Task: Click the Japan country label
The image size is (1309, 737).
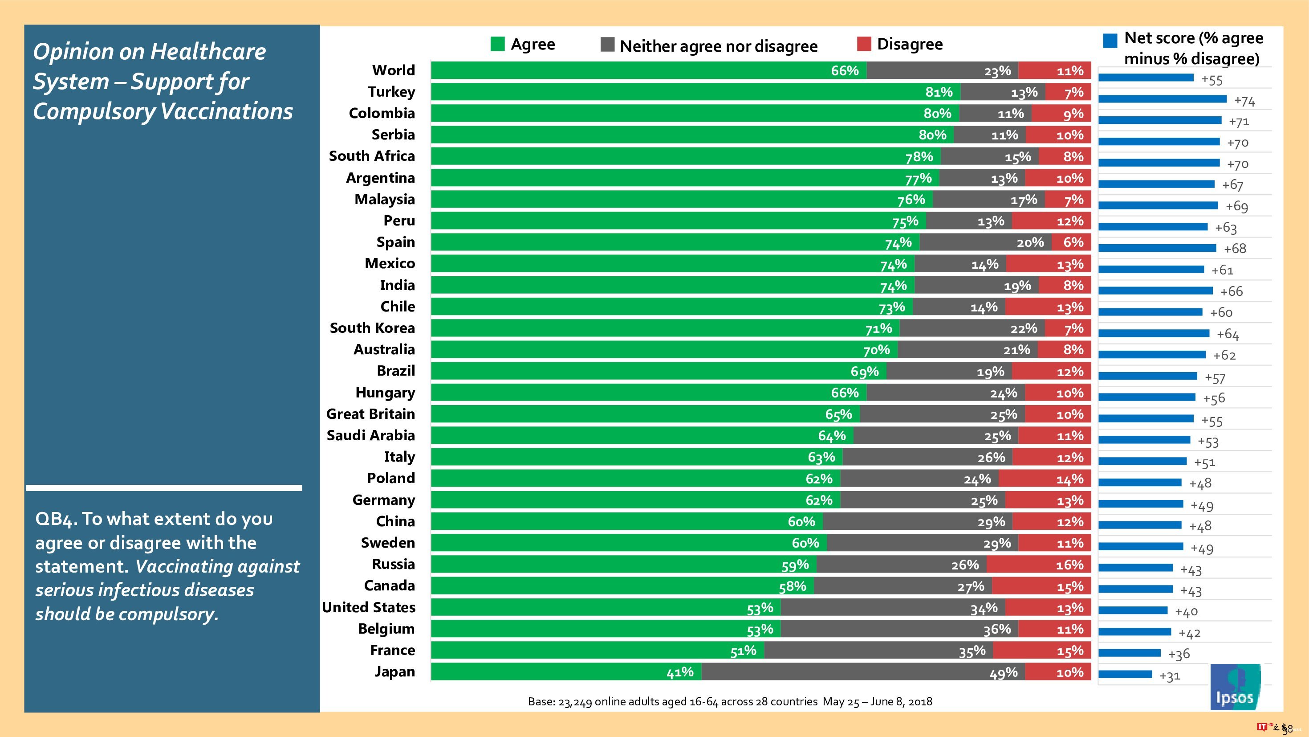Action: [394, 672]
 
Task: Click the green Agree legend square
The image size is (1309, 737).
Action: [497, 44]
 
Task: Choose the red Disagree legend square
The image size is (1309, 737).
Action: [864, 44]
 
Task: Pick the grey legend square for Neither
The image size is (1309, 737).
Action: [607, 45]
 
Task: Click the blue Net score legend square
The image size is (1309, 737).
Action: [1110, 41]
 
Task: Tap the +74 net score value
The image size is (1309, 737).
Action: [1244, 101]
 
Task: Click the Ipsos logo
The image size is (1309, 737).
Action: [1235, 687]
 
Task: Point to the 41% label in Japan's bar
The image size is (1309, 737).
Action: [680, 672]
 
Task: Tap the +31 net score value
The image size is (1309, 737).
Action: [1169, 676]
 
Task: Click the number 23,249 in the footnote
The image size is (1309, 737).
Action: [575, 702]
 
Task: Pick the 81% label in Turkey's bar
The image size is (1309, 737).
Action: [939, 92]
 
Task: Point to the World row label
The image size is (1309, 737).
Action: [393, 70]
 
